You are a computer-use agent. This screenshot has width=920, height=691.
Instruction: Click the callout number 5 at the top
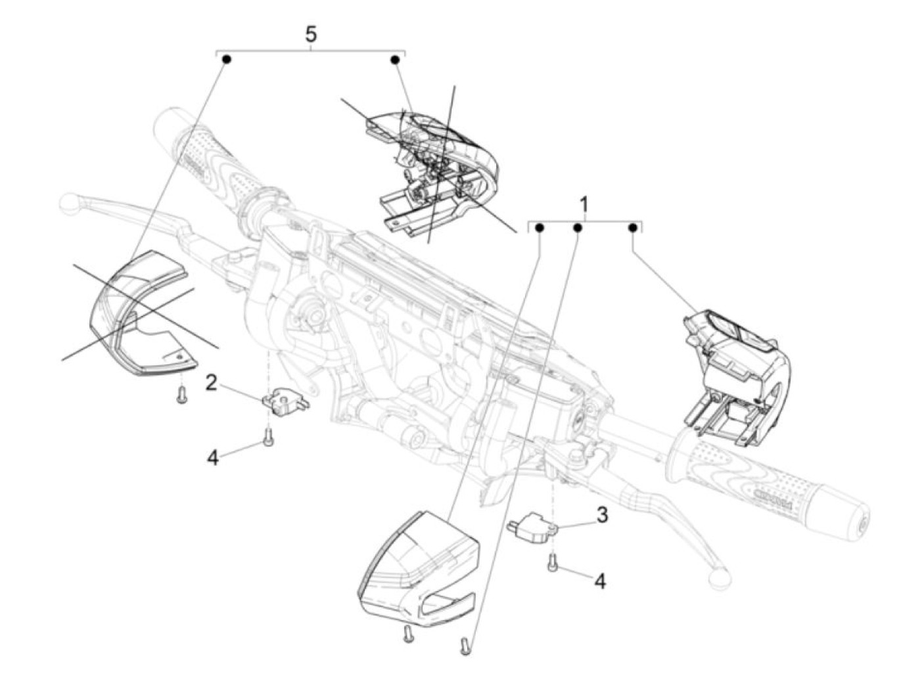311,34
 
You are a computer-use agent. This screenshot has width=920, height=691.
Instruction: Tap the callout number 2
211,382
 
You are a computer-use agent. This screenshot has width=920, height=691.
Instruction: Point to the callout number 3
603,516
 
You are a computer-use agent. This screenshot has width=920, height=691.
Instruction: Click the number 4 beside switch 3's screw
600,581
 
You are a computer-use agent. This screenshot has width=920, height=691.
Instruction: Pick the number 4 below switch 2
212,458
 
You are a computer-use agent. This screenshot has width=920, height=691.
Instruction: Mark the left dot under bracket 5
227,60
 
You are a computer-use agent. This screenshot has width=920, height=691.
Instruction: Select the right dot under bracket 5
395,60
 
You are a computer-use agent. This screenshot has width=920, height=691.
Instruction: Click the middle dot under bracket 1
578,228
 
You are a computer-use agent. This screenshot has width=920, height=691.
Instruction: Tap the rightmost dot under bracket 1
632,228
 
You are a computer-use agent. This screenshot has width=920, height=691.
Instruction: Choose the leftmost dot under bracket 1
539,228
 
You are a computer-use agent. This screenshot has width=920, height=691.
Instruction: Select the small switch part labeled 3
533,526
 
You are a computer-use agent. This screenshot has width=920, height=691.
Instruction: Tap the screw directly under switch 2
267,437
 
